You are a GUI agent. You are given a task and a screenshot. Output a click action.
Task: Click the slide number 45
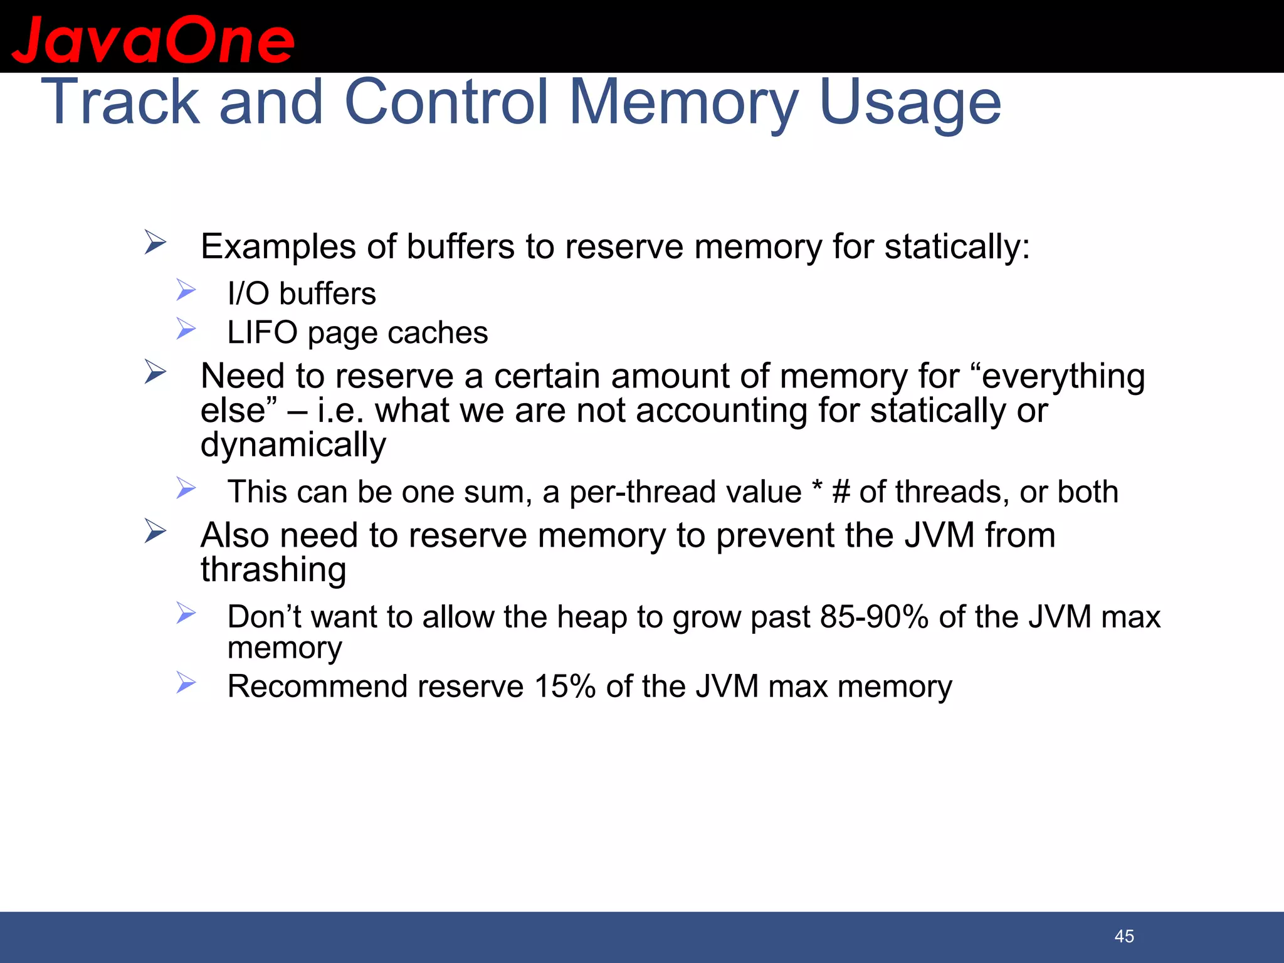(1124, 936)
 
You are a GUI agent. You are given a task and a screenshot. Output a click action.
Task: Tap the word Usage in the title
(910, 102)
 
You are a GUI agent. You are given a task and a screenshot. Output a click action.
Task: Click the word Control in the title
(447, 102)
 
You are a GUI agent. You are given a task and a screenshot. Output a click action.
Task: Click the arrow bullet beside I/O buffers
(186, 290)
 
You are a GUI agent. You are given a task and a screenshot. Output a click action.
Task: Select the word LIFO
(262, 332)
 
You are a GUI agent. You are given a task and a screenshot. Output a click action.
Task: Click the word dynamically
(293, 445)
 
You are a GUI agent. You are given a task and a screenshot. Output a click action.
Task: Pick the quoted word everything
(1063, 377)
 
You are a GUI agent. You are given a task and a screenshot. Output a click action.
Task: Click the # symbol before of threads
(841, 492)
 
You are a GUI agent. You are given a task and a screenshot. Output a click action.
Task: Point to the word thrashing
(273, 570)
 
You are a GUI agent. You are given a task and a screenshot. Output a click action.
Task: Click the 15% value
(564, 687)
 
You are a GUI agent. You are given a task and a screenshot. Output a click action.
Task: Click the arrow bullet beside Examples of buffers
(155, 242)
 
